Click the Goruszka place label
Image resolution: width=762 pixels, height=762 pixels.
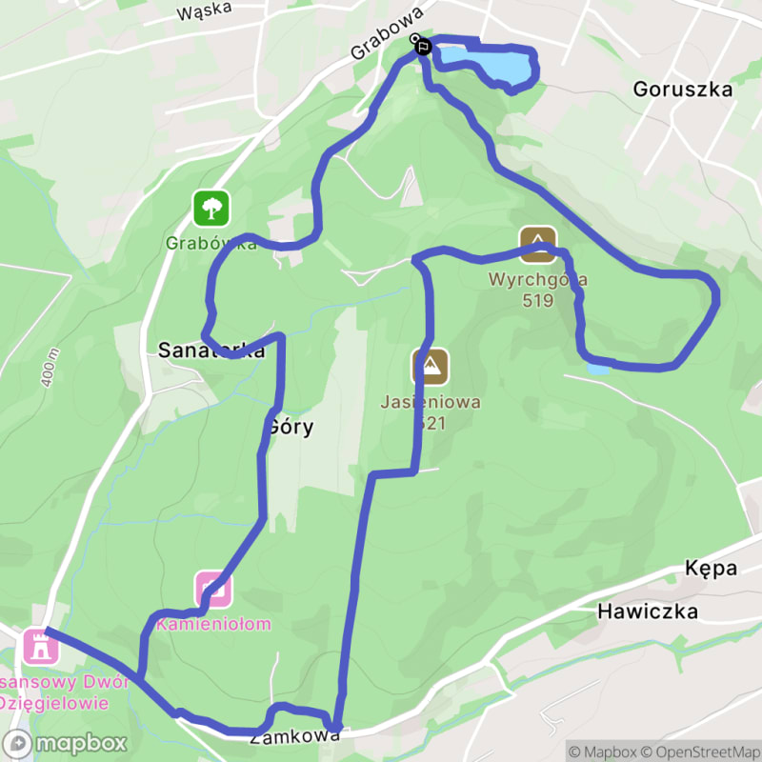coord(683,90)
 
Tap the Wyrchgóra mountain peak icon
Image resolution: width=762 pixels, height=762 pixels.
coord(537,244)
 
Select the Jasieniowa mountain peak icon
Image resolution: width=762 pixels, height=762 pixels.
coord(431,366)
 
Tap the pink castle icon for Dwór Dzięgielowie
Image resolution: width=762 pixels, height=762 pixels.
coord(41,647)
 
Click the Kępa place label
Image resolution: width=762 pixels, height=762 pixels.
coord(711,569)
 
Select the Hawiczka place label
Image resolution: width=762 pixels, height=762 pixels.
coord(648,612)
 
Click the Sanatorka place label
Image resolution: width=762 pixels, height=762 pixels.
coord(210,351)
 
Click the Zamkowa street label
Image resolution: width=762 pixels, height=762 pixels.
coord(295,736)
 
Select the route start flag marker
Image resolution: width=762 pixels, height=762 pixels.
coord(422,44)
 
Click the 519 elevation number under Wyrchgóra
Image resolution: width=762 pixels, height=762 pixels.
coord(538,300)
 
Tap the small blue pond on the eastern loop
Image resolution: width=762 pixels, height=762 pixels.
coord(598,368)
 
